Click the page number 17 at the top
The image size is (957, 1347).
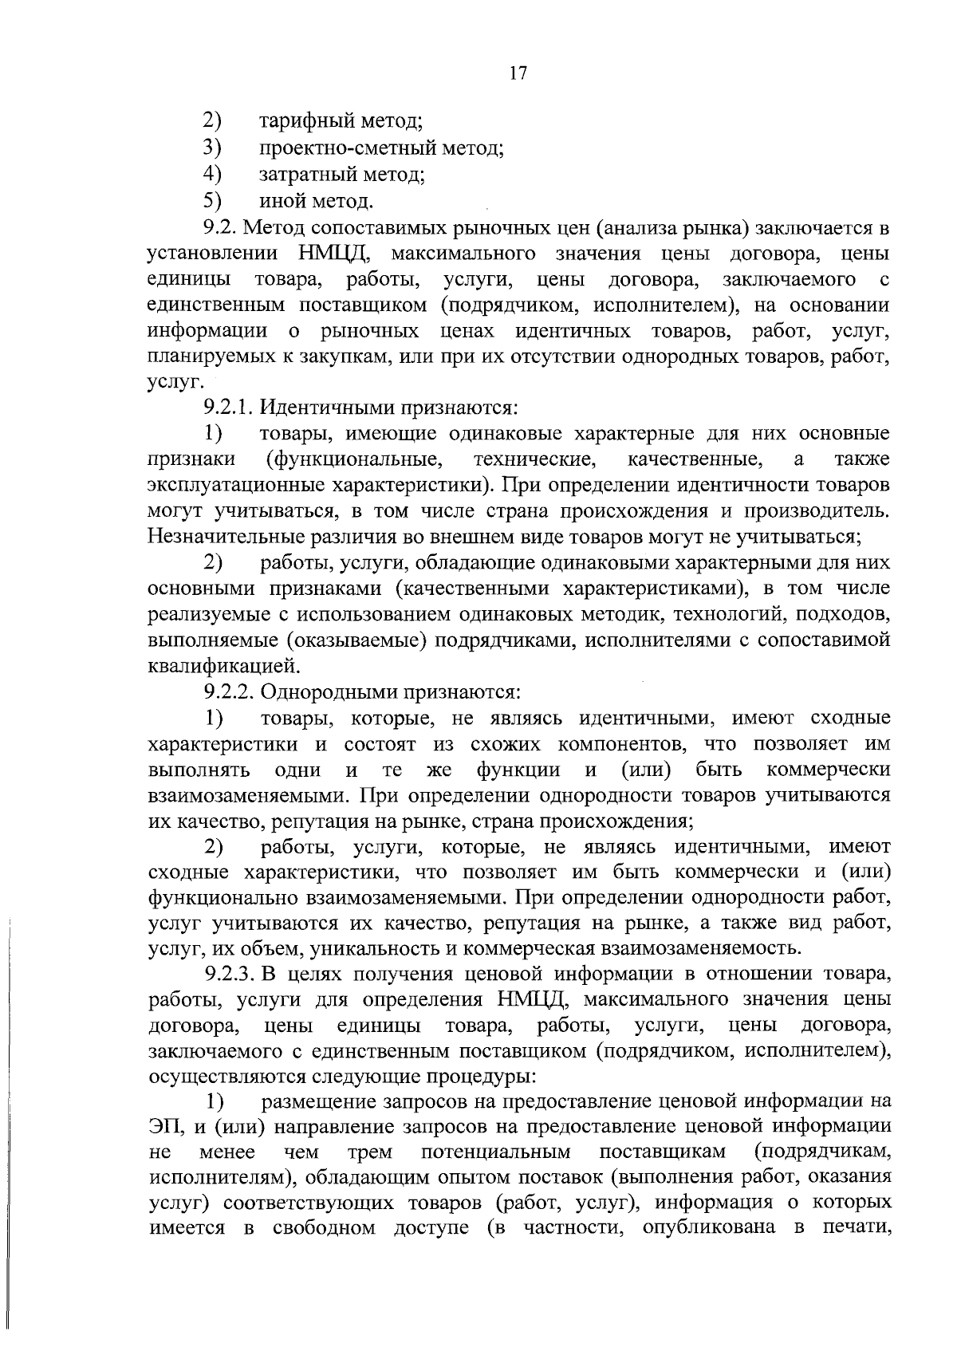click(x=518, y=73)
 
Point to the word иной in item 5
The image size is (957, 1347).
click(x=281, y=200)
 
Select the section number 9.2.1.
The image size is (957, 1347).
click(x=230, y=408)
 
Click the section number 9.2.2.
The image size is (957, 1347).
click(x=230, y=692)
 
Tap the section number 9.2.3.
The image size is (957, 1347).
click(x=230, y=975)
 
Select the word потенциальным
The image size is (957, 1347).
click(x=495, y=1152)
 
